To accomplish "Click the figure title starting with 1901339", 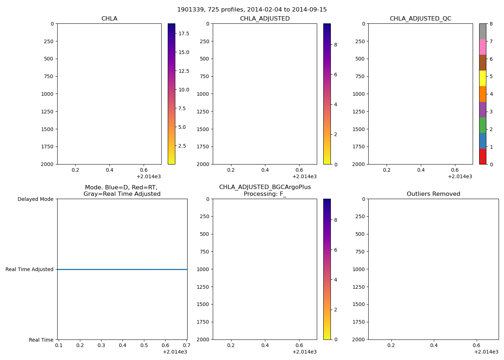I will pos(252,10).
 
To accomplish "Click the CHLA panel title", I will pos(109,19).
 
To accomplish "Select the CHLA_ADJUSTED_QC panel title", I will pos(420,19).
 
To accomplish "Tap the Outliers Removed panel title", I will pos(433,194).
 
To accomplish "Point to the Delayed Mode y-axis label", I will pos(35,199).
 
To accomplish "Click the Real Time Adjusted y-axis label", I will pos(29,269).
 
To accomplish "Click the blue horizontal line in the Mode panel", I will pos(122,269).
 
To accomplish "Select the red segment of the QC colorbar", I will pos(482,157).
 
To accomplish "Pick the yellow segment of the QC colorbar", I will pos(482,78).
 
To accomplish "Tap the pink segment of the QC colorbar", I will pos(482,47).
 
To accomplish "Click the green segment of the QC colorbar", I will pos(482,125).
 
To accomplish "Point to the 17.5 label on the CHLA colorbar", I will pos(184,33).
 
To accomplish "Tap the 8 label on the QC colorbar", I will pos(491,24).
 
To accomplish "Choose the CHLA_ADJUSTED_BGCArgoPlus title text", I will pos(265,187).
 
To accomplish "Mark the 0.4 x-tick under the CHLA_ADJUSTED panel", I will pos(265,170).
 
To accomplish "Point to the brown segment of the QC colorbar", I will pos(482,63).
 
